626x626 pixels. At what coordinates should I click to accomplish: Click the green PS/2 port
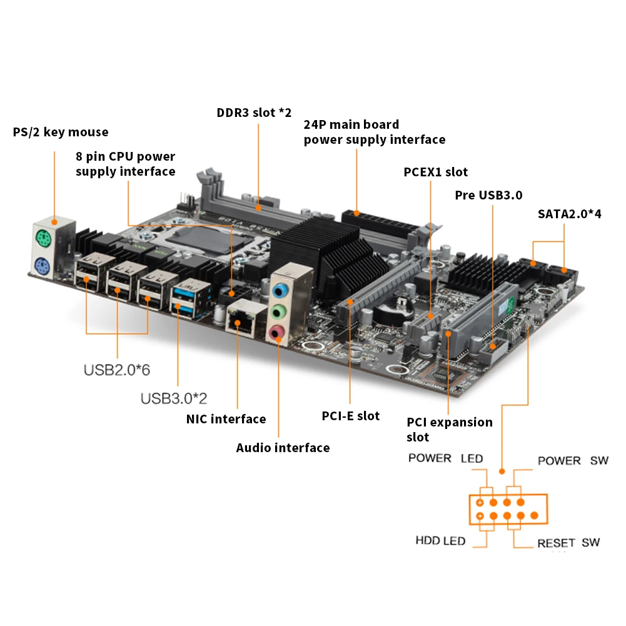43,238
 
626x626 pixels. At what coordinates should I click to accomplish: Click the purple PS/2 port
43,266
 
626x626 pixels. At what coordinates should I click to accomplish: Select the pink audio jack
277,332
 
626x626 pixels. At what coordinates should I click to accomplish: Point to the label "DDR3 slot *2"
254,113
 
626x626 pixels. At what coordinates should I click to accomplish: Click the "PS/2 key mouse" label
61,132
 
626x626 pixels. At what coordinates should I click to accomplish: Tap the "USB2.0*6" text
117,370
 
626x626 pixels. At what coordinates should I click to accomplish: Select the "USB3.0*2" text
174,398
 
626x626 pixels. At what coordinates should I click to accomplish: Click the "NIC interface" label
226,419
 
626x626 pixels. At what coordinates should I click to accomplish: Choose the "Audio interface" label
283,448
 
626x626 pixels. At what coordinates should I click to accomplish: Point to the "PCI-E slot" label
350,416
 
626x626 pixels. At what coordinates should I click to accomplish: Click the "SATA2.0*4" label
570,214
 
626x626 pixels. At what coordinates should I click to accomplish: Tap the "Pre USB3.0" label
488,194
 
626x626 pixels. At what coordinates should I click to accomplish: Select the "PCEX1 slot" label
435,172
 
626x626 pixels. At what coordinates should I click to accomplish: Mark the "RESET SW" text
568,543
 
